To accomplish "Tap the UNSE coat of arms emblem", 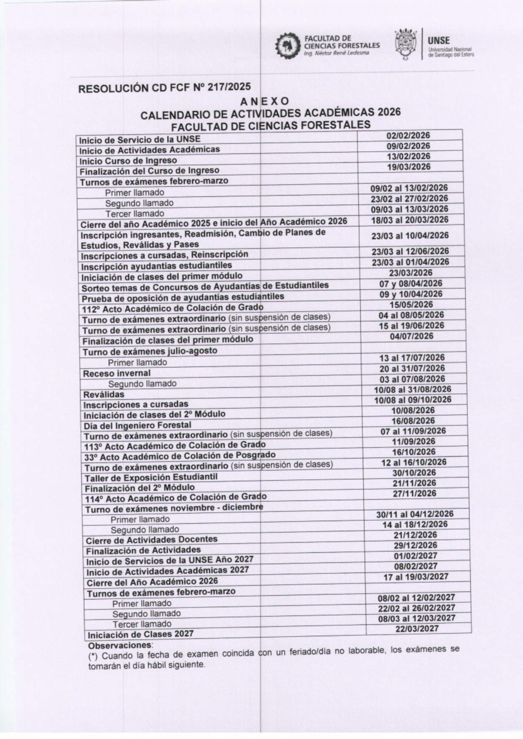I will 406,45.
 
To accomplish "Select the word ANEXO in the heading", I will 264,102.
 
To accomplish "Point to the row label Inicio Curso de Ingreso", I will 128,161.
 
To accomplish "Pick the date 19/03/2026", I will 409,167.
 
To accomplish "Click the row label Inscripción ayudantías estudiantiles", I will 156,266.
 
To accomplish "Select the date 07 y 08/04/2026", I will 410,284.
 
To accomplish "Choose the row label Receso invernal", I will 117,373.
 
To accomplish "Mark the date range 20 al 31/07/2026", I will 412,369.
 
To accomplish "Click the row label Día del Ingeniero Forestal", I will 137,425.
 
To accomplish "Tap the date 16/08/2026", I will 413,421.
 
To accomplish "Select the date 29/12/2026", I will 415,545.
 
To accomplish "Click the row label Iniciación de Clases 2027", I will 140,634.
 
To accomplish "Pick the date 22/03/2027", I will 417,629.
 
